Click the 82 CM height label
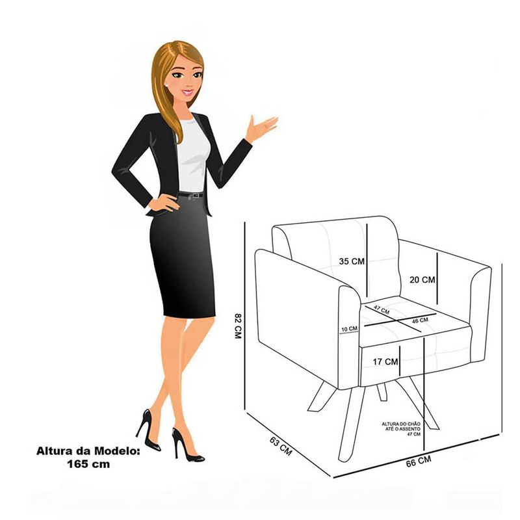click(237, 326)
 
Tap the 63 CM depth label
click(281, 446)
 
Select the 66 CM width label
click(419, 461)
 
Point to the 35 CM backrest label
click(352, 261)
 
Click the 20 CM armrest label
click(422, 280)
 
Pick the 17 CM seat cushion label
click(385, 361)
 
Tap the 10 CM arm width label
click(350, 329)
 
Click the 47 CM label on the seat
click(382, 310)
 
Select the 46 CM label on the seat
click(420, 320)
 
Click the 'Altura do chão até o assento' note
click(401, 429)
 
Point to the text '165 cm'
click(88, 464)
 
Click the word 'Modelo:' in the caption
click(118, 451)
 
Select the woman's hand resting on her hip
click(163, 203)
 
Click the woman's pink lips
click(187, 92)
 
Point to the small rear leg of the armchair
click(382, 393)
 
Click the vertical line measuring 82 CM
click(245, 316)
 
